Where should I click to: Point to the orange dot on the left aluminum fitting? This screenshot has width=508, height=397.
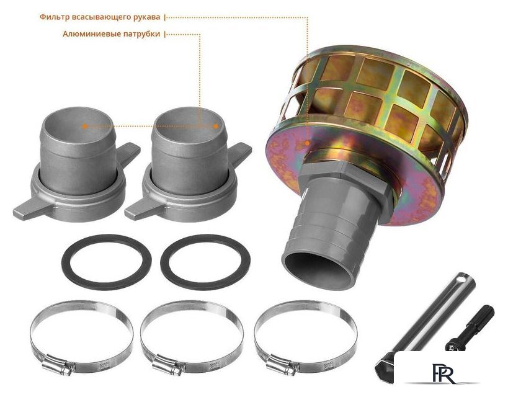pos(85,126)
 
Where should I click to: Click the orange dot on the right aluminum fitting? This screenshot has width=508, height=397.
pos(216,126)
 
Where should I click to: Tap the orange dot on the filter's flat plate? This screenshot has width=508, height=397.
pos(307,143)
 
